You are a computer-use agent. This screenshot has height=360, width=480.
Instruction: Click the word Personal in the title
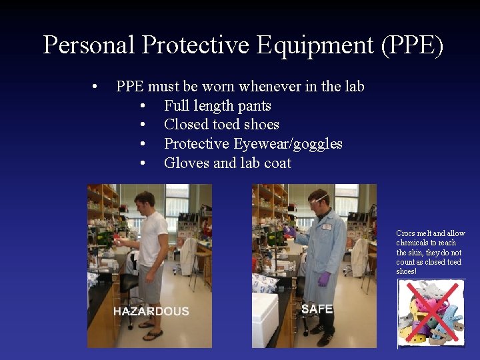[89, 45]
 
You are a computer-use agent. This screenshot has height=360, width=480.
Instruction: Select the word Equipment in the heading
[294, 45]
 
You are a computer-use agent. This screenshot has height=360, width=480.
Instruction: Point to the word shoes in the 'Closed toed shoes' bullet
[261, 125]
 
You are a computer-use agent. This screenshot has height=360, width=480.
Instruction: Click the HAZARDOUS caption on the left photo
[151, 311]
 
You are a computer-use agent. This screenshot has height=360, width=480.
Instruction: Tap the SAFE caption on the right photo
[317, 309]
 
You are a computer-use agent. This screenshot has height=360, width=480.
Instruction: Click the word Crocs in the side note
[405, 233]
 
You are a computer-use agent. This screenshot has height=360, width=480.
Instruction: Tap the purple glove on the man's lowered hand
[324, 278]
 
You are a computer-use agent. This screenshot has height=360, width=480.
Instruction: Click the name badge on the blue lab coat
[327, 227]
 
